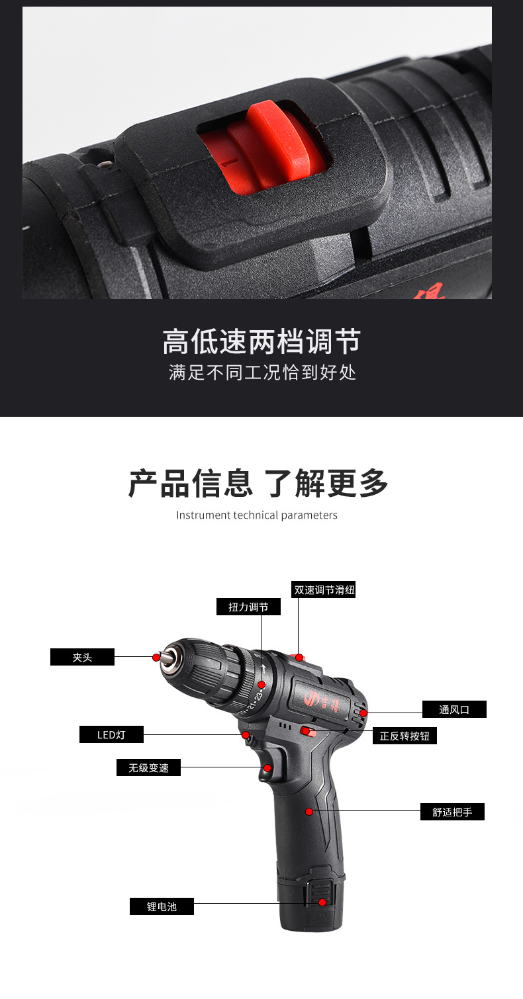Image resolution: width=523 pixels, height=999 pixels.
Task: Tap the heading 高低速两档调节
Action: coord(261,341)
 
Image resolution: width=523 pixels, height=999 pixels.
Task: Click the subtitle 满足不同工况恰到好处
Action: coord(262,372)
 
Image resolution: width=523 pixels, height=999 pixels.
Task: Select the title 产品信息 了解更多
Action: coord(258,483)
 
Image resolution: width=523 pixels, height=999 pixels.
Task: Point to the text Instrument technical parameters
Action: coord(257,515)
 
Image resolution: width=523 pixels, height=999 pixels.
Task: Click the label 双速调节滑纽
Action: coord(324,589)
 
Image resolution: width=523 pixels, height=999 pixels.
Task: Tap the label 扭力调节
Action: coord(248,607)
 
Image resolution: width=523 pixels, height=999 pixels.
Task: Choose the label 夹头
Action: coord(82,657)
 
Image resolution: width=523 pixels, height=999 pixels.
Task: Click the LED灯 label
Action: coord(112,734)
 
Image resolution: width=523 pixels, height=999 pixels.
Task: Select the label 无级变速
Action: coord(148,767)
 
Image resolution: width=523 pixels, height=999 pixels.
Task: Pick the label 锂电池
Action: coord(162,906)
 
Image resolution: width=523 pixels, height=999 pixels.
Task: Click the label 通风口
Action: coord(454,709)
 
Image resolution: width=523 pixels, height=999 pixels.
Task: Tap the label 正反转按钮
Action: coord(404,736)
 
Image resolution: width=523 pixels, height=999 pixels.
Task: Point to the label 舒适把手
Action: coord(452,812)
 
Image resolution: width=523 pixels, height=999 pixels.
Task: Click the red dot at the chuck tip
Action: coord(156,658)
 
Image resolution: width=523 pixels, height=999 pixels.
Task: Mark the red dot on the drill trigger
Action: coord(267,768)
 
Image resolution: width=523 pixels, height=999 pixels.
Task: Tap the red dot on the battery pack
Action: coord(322,902)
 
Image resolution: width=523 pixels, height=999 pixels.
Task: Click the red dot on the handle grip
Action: coord(309,812)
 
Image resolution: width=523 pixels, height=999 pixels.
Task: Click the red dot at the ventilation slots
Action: coord(363,713)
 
